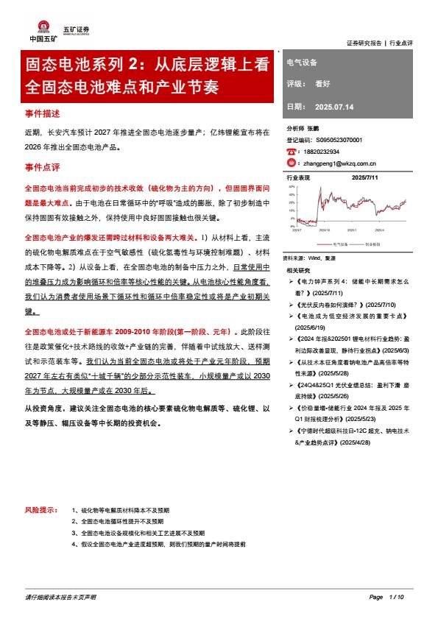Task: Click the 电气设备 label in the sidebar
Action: [x=301, y=63]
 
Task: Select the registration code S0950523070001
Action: [x=341, y=139]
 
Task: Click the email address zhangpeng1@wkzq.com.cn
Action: [x=339, y=163]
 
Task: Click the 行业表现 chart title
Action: [x=298, y=177]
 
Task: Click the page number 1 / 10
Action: [x=397, y=596]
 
